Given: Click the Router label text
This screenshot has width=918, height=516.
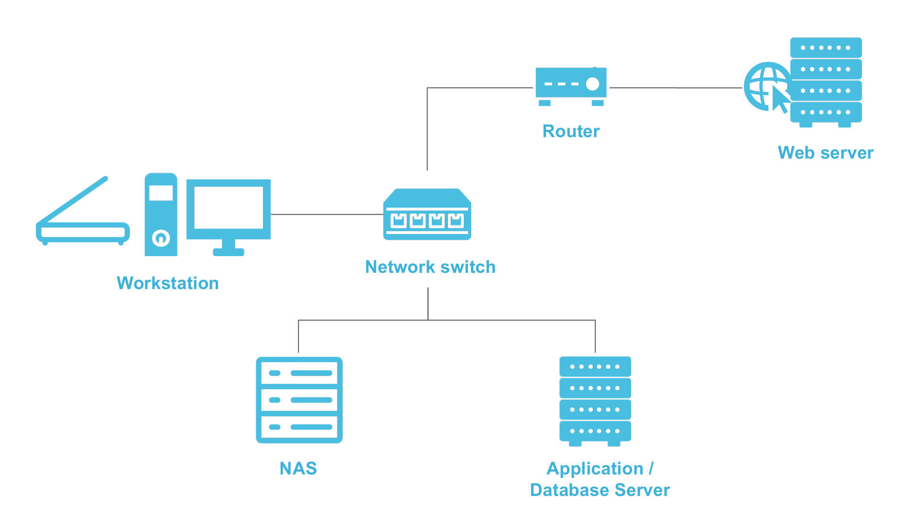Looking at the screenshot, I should click(x=571, y=131).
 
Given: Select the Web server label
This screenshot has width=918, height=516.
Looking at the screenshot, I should click(x=825, y=153).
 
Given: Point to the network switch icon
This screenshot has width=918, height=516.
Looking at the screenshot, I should click(x=427, y=215).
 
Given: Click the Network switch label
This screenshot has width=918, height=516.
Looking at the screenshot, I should click(x=430, y=267).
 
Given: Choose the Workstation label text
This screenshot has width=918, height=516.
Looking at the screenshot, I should click(x=167, y=283).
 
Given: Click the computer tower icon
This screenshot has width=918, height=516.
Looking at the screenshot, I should click(x=161, y=215).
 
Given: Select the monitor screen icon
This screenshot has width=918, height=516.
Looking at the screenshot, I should click(x=229, y=208).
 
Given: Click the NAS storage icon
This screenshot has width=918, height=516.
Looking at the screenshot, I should click(x=299, y=400).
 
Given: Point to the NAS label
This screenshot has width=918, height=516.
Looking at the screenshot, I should click(x=298, y=469).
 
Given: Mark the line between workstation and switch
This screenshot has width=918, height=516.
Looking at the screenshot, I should click(x=327, y=215).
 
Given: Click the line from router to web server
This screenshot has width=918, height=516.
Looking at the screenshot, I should click(x=675, y=88).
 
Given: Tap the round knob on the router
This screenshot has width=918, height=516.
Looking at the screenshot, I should click(x=592, y=84).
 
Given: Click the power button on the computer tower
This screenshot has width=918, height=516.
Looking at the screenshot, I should click(x=161, y=237).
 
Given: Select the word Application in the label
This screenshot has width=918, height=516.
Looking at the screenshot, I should click(x=595, y=469).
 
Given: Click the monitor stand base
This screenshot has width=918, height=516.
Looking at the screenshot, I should click(x=229, y=252).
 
